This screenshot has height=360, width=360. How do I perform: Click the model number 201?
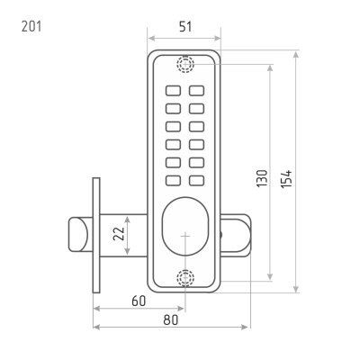pos(31,26)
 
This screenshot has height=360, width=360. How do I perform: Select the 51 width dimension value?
pos(185,27)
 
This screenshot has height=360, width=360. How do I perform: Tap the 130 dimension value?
pos(262,179)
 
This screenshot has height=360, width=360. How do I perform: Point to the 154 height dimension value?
pos(286,179)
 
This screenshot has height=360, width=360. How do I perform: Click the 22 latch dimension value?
pos(119,234)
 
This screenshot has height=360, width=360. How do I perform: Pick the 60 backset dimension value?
pos(139,301)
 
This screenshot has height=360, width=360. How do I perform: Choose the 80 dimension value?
pos(171,319)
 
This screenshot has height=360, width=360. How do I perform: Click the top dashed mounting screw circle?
pos(185,64)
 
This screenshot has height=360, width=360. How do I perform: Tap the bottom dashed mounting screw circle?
pos(185,278)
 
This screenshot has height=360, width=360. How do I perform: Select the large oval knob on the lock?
pos(185,227)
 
